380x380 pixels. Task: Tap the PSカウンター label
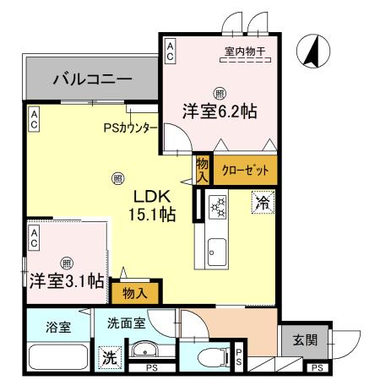pos(130,128)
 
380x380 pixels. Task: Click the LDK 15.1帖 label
pos(152,205)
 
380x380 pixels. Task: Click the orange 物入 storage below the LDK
pos(136,294)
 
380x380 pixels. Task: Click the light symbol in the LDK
pos(117,178)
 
